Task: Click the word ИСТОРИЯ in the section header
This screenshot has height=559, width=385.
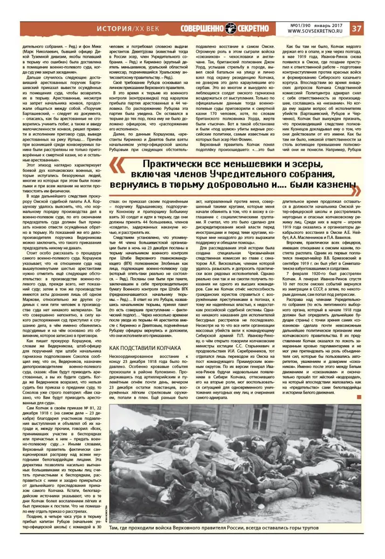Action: pyautogui.click(x=115, y=29)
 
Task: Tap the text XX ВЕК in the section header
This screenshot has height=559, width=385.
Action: pyautogui.click(x=149, y=29)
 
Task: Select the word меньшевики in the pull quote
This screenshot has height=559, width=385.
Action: pyautogui.click(x=237, y=165)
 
